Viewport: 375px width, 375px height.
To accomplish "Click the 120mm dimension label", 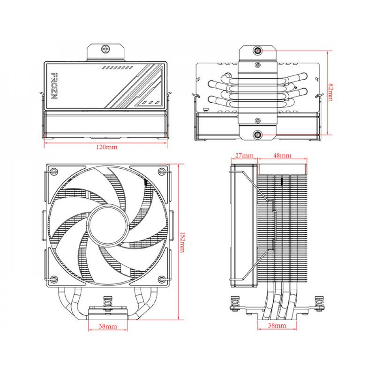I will pos(107,147).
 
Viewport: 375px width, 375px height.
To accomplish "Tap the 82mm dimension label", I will pos(330,93).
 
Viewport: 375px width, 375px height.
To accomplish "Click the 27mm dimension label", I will pos(244,155).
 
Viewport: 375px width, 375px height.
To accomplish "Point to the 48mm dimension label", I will pos(282,155).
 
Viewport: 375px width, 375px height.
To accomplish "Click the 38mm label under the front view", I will pos(108,326).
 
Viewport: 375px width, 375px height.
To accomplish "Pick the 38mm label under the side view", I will pos(277,325).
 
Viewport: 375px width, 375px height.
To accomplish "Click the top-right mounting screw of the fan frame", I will pos(162,172).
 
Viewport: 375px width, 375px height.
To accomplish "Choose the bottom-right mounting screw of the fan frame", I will pos(162,279).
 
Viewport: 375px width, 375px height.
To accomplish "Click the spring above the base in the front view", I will pos(108,301).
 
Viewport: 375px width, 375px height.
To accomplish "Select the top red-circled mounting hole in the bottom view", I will pos(258,50).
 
